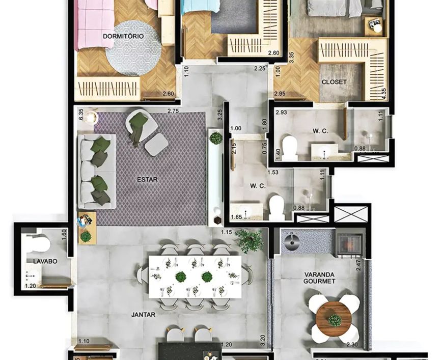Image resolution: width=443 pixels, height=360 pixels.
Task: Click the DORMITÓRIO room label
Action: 123,36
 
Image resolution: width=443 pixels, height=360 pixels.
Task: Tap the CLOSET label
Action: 334,82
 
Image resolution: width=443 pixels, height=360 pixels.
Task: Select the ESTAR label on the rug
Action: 147,179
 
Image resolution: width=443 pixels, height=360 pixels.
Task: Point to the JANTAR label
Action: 143,315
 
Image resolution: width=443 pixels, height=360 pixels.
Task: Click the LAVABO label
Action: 45,261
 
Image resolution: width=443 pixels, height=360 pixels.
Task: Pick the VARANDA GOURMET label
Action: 319,278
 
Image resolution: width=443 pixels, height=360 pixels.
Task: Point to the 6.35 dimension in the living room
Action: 81,115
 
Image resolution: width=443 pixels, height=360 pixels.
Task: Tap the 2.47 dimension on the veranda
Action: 358,265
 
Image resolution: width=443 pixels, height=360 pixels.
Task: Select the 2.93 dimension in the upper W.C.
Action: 282,113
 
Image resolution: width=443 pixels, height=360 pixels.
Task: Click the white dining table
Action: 195,276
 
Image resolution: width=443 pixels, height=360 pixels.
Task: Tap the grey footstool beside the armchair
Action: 156,145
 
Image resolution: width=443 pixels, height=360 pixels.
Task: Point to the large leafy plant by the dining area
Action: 249,240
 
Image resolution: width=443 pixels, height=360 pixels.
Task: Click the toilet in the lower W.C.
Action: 276,207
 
